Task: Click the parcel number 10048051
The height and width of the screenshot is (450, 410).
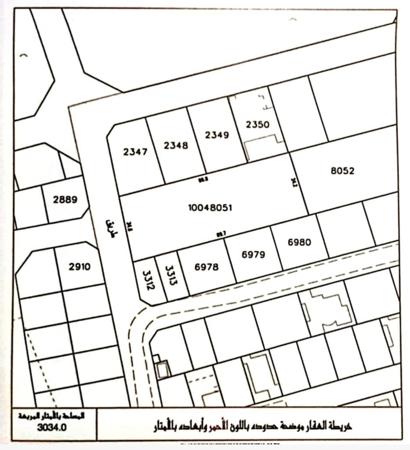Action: [210, 207]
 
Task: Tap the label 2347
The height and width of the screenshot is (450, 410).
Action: [135, 152]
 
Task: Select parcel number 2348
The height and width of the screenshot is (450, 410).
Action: [176, 145]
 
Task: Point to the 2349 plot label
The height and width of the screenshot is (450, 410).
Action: [217, 135]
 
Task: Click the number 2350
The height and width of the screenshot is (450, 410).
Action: [258, 124]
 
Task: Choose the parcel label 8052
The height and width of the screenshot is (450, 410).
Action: [342, 171]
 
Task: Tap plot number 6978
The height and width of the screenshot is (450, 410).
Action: [206, 267]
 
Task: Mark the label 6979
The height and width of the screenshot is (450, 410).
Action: [254, 254]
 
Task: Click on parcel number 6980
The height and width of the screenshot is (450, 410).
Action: [300, 242]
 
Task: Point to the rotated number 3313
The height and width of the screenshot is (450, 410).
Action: [170, 275]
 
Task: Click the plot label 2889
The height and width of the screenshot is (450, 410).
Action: [65, 200]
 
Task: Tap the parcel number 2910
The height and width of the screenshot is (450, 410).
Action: [80, 266]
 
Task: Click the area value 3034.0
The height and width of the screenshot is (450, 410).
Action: [52, 427]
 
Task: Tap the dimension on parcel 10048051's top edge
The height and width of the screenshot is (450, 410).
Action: [203, 178]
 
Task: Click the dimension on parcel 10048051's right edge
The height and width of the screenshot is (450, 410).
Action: [295, 182]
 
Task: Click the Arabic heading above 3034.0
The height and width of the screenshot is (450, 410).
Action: [52, 415]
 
